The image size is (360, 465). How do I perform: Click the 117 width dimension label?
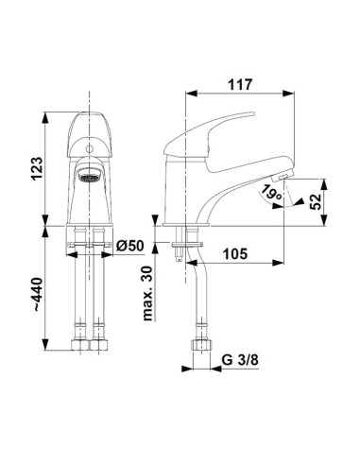(240, 84)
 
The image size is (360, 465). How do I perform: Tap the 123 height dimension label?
(36, 168)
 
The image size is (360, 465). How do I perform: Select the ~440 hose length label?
(37, 295)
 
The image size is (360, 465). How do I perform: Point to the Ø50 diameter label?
(129, 246)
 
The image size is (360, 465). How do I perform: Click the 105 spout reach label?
(235, 253)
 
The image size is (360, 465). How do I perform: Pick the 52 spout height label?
(316, 201)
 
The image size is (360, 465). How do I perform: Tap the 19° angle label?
(270, 193)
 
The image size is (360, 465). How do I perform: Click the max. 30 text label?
(147, 293)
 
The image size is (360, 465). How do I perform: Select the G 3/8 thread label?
(240, 360)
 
